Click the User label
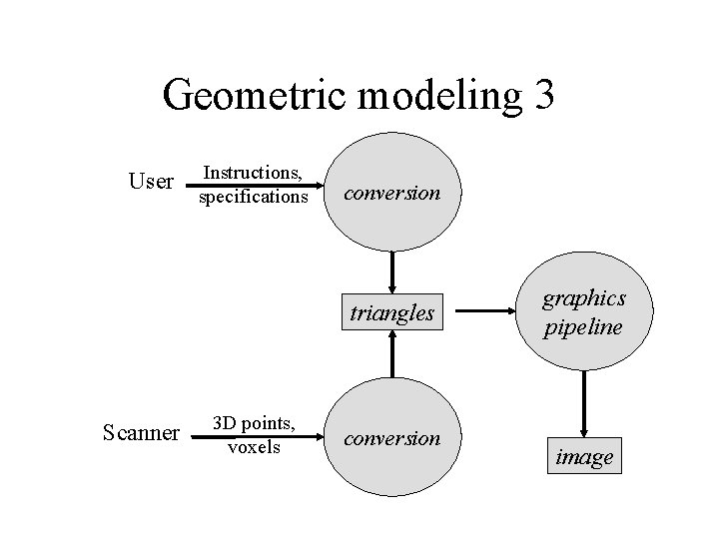(x=152, y=182)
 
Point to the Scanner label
(x=142, y=432)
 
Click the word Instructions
(x=254, y=174)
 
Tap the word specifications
(x=254, y=197)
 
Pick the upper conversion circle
(x=392, y=192)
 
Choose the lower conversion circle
(x=392, y=437)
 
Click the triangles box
(x=392, y=313)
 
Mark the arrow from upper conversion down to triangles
(x=392, y=270)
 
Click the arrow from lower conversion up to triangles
(x=392, y=353)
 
